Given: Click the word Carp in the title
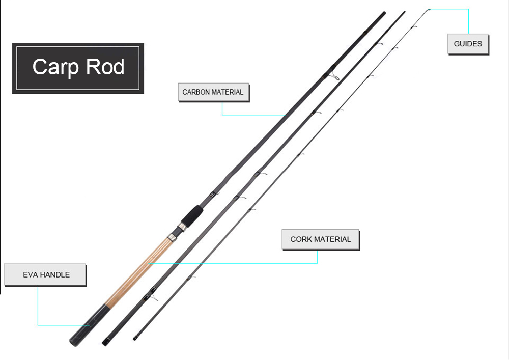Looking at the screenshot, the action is tap(55, 67).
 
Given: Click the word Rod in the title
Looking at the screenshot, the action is tap(105, 67).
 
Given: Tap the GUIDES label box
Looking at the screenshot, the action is tap(468, 44).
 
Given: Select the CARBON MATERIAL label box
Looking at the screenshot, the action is tap(213, 92).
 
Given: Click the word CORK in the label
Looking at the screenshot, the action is tap(301, 239).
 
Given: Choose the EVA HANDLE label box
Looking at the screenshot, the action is tap(45, 274).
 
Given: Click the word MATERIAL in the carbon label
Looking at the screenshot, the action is tap(227, 92).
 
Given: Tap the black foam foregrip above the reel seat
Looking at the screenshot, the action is tap(192, 216).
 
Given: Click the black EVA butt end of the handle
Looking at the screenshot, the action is tap(88, 325).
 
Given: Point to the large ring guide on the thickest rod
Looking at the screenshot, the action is tap(334, 77).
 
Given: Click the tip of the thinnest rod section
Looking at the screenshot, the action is tap(429, 10).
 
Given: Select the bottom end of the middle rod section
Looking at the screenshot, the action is tap(104, 343).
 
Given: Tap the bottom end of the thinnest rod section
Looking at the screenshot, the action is tap(134, 339).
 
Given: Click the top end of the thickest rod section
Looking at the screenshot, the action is tap(384, 13).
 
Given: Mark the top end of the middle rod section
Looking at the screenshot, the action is tap(404, 12).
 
